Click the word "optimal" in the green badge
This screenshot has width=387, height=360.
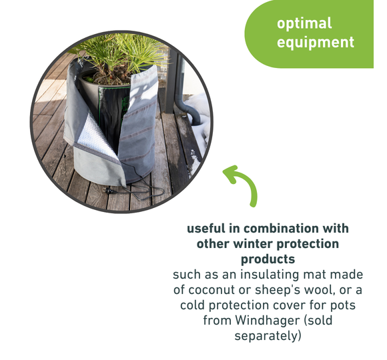304,24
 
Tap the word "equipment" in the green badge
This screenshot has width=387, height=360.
316,42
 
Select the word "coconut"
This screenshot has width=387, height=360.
212,290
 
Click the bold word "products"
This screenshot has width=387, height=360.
268,259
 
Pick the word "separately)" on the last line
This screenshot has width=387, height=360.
268,336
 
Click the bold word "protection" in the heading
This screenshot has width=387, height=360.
308,245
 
